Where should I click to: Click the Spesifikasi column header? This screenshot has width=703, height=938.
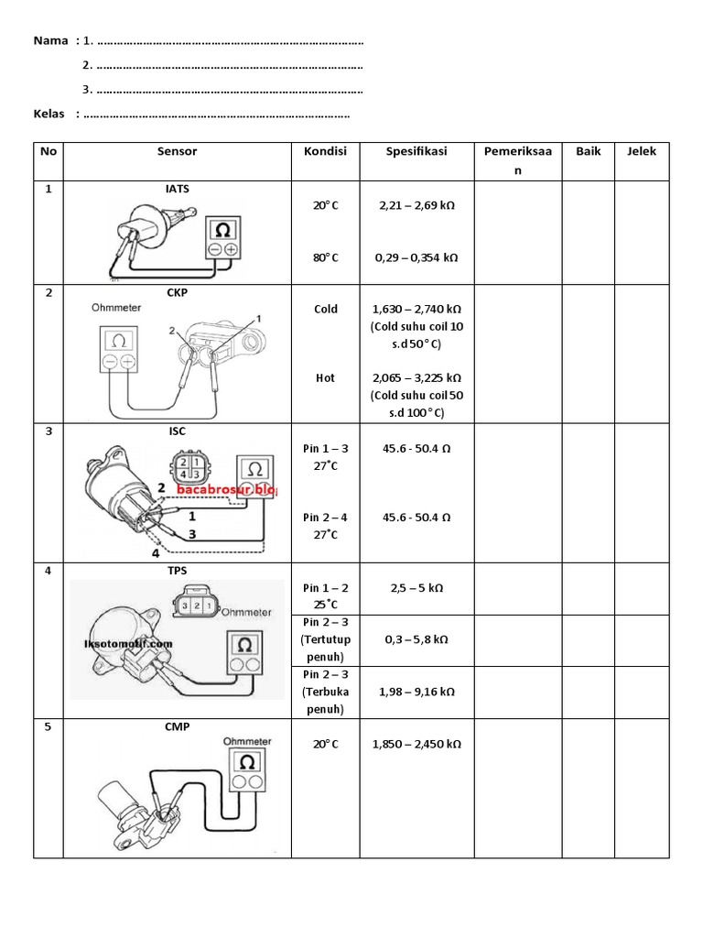pyautogui.click(x=416, y=152)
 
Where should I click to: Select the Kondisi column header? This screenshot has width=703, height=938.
pyautogui.click(x=326, y=152)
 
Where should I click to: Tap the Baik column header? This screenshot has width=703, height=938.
pyautogui.click(x=589, y=152)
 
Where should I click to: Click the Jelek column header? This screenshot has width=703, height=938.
pyautogui.click(x=642, y=152)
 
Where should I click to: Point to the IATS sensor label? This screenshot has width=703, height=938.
pyautogui.click(x=178, y=189)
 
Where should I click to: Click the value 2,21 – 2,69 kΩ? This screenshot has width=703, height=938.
pyautogui.click(x=416, y=206)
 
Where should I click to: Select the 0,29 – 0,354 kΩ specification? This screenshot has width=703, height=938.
pyautogui.click(x=416, y=257)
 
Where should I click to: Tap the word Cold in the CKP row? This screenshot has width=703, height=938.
pyautogui.click(x=326, y=309)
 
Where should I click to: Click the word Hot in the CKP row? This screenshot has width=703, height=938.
pyautogui.click(x=326, y=377)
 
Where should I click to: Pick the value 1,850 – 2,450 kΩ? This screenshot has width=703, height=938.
pyautogui.click(x=416, y=745)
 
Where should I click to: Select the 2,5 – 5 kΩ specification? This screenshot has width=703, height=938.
pyautogui.click(x=416, y=588)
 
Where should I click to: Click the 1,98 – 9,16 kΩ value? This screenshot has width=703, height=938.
pyautogui.click(x=416, y=692)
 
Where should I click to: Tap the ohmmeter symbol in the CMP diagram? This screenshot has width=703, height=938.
pyautogui.click(x=246, y=763)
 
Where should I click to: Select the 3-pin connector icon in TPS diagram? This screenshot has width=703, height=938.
pyautogui.click(x=194, y=605)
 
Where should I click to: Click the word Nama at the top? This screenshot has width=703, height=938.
pyautogui.click(x=49, y=41)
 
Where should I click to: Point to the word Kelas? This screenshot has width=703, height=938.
pyautogui.click(x=49, y=114)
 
